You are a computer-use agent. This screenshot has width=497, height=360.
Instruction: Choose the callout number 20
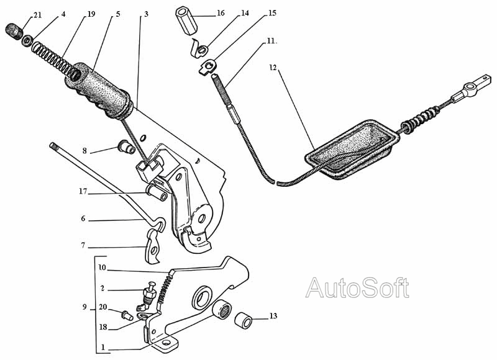(103, 306)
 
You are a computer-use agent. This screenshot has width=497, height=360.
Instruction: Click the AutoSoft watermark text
(358, 287)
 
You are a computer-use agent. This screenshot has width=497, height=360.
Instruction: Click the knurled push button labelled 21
(14, 30)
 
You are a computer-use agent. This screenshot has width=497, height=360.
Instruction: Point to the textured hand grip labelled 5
(99, 90)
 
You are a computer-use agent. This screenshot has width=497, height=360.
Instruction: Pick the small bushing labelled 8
(127, 148)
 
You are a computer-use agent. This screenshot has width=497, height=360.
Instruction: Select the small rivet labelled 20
(128, 315)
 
